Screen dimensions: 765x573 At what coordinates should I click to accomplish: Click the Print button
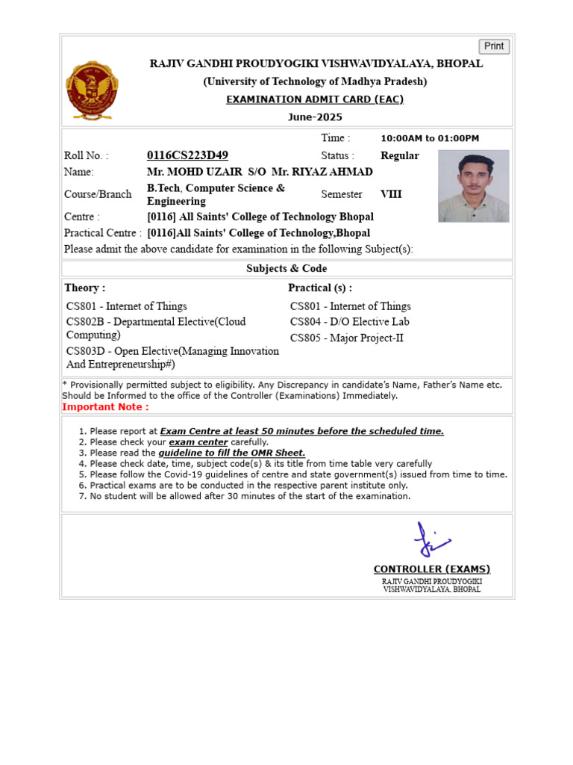coord(494,46)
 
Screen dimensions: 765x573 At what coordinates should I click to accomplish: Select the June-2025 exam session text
coord(315,117)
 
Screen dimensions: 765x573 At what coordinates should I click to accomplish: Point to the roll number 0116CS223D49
coord(188,155)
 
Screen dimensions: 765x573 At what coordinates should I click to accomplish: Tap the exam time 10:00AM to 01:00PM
coord(430,138)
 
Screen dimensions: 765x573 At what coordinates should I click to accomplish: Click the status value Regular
coord(400,155)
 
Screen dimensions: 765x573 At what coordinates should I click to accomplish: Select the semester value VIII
coord(391,194)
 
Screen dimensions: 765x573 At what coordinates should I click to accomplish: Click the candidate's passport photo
coord(473,186)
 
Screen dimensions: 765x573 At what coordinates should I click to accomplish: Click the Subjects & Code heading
coord(286,268)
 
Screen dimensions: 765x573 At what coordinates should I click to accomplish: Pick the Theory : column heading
coord(85,288)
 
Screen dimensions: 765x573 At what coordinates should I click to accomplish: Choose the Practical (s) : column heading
coord(320,288)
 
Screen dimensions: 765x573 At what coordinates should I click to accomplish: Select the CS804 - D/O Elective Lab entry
coord(349,322)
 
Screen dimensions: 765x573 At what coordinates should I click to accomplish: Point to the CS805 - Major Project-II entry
coord(346,338)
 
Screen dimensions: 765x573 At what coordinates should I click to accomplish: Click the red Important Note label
coord(105,407)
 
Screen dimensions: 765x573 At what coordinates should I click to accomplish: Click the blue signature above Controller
coord(431,539)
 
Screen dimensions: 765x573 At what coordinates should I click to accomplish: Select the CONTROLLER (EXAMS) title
coord(431,569)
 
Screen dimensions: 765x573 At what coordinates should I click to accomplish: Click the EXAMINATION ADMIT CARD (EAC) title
coord(315,99)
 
